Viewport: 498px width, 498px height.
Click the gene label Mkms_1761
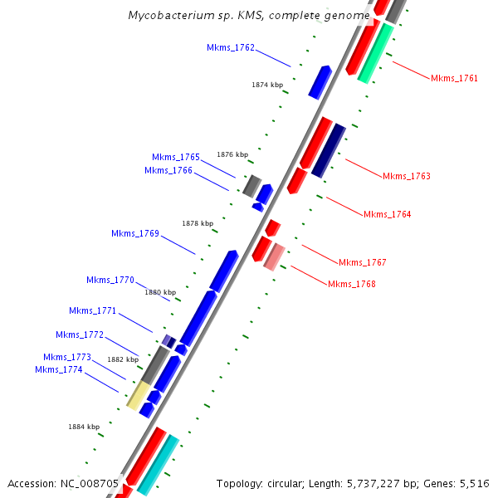pos(454,78)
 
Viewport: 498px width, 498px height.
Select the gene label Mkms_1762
pos(231,48)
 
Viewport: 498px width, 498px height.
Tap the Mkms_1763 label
pos(407,176)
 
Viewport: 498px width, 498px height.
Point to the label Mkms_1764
pos(387,214)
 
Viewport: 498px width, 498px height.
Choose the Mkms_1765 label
pos(176,157)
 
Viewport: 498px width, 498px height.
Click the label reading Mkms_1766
pos(168,170)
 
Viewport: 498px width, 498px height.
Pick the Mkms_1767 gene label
pos(363,262)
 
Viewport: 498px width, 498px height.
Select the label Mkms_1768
pos(352,284)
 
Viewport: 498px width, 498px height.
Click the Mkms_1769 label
pos(135,233)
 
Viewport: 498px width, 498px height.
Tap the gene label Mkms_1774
pos(59,369)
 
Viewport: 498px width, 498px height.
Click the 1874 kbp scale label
pos(267,85)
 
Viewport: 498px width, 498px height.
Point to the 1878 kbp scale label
pos(198,223)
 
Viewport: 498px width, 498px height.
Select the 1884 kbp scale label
pos(84,427)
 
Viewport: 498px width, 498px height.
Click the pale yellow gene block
pos(138,395)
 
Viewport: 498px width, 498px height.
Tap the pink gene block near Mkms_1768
pos(275,257)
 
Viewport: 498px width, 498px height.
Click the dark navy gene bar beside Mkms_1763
pos(328,150)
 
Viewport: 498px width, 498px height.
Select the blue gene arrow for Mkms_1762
pos(320,81)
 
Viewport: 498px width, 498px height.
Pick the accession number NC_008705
pos(91,483)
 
